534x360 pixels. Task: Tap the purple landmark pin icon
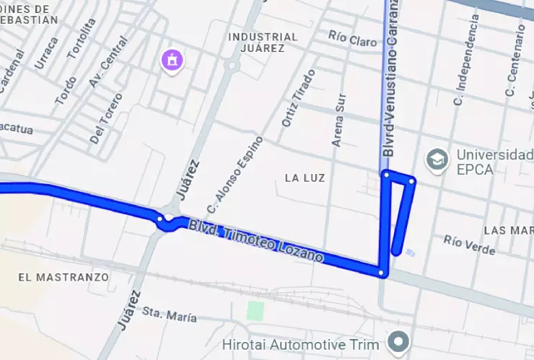[172, 61]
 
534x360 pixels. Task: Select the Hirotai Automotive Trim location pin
[398, 341]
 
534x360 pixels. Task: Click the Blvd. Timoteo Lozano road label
[256, 241]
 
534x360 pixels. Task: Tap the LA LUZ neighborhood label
[305, 177]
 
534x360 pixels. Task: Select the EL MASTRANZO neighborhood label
[64, 277]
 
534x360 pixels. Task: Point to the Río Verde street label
[469, 245]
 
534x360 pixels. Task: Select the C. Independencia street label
[465, 65]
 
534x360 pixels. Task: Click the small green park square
[255, 311]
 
